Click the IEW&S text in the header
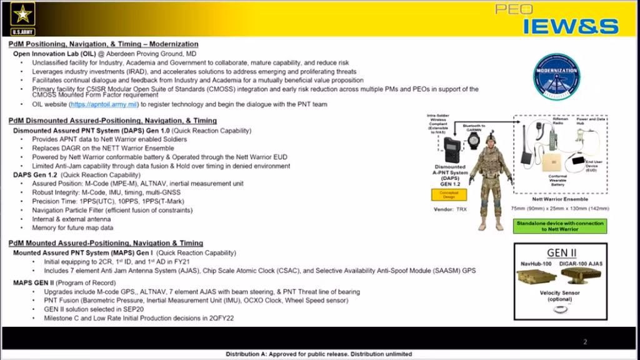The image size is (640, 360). [570, 26]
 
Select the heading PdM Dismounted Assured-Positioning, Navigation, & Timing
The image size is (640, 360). [112, 121]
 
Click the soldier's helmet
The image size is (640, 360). [491, 137]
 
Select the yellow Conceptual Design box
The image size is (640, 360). [449, 195]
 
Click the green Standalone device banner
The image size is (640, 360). [559, 226]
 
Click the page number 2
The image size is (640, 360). [585, 342]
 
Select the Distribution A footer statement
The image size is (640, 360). [319, 354]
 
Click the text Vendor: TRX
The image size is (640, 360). [447, 209]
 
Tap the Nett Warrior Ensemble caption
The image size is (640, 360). [559, 200]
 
